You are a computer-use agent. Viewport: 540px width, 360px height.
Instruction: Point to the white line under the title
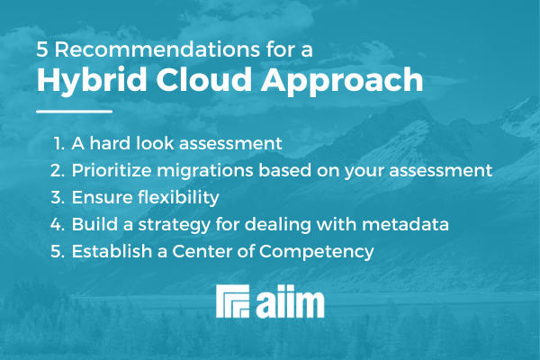[74, 112]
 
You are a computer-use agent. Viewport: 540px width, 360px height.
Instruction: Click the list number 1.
[58, 142]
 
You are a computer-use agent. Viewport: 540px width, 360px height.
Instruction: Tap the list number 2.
[58, 169]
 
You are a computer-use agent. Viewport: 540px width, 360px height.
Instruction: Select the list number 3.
[58, 196]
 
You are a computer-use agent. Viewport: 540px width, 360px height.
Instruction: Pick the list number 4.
[58, 223]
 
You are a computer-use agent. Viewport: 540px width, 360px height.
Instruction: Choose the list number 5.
[58, 250]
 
